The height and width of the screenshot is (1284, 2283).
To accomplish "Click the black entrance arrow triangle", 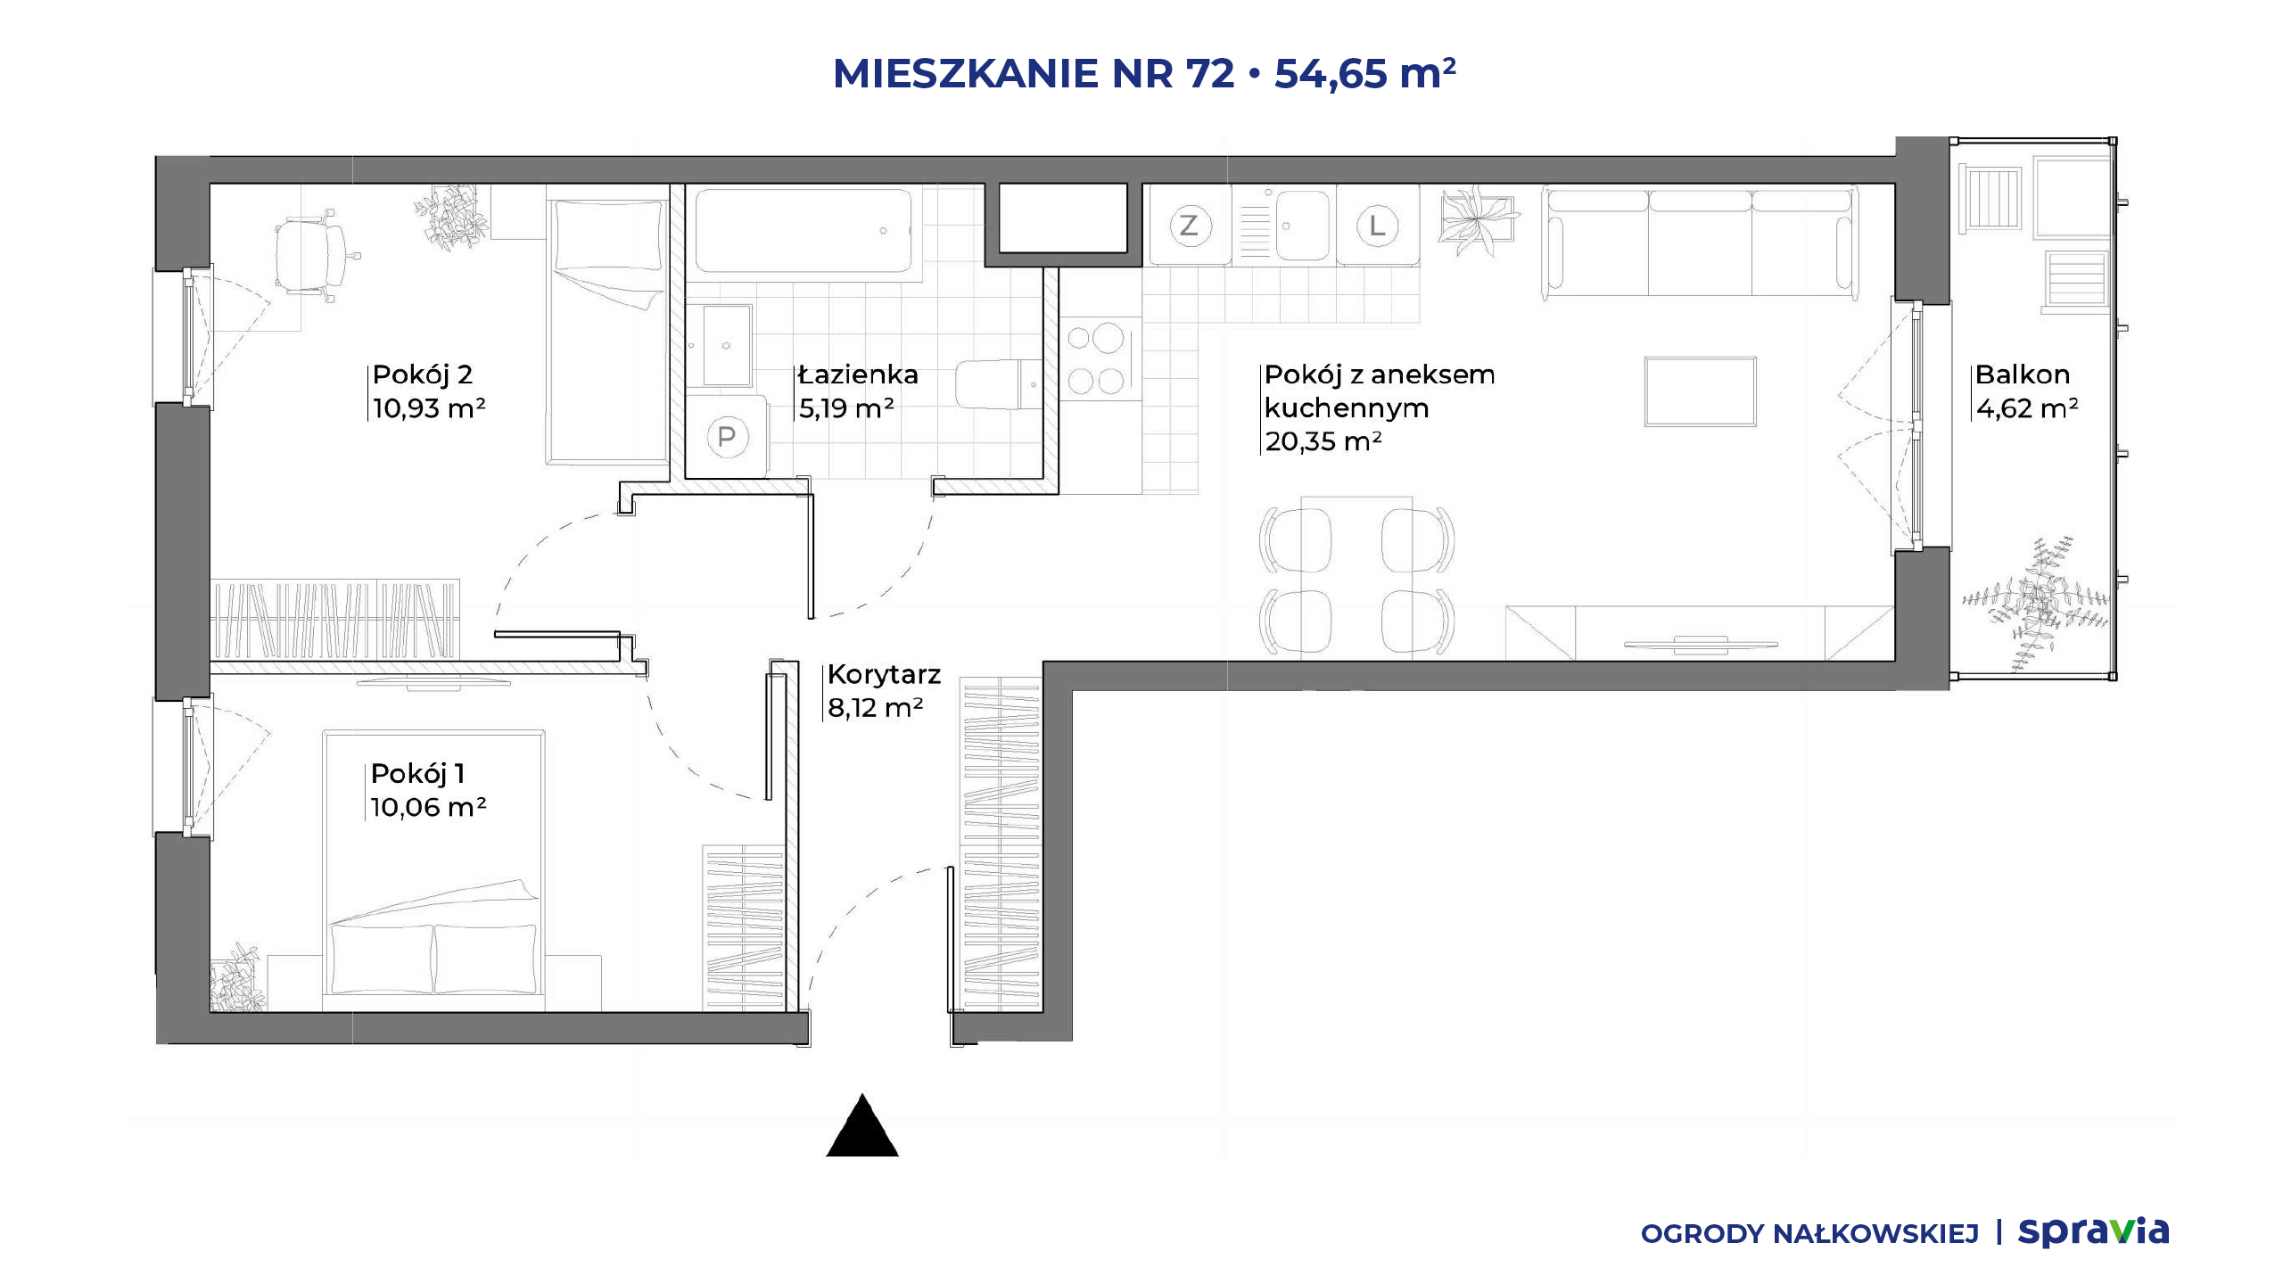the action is (861, 1126).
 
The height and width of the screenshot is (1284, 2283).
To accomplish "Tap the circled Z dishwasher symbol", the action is (1189, 226).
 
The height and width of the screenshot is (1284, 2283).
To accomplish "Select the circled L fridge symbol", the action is (1377, 226).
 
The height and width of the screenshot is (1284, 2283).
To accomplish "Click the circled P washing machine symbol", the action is (727, 437).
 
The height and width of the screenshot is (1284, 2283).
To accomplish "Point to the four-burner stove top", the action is (1096, 358).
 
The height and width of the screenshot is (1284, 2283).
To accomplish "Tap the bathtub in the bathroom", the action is (804, 230).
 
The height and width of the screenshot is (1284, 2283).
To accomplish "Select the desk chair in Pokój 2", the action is (312, 254).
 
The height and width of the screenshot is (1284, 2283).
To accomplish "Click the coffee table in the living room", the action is (1700, 391).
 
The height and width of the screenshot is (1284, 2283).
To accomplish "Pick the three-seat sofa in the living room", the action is (1700, 242).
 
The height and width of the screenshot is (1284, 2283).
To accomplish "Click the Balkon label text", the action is (2022, 374).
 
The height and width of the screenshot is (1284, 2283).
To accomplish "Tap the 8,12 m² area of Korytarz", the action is (875, 708).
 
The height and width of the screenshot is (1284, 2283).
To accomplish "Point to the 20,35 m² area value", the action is (1323, 441).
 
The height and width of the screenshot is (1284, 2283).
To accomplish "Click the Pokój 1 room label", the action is (417, 773).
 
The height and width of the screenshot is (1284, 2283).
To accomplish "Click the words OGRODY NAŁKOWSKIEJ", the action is (1809, 1234).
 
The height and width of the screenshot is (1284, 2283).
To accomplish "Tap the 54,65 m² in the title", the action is (1364, 73).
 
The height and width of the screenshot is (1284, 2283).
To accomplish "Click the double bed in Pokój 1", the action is (433, 870).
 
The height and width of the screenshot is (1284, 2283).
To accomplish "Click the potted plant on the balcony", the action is (2035, 603).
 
